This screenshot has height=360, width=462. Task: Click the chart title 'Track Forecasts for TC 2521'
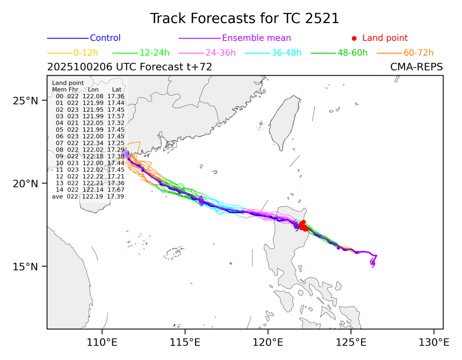244,18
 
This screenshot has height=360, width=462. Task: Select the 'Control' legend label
105,38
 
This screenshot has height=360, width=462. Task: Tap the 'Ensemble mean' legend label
256,38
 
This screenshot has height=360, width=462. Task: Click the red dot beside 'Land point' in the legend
354,38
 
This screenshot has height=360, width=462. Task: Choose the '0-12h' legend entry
84,53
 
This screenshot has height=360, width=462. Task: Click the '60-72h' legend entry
418,53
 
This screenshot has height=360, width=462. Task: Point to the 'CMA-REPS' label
416,67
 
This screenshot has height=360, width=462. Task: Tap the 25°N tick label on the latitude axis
27,100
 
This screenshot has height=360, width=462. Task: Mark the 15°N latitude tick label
27,267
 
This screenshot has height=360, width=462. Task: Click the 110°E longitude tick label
102,341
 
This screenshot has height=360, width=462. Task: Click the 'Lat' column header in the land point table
117,89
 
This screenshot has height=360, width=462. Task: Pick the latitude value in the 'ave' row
116,197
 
